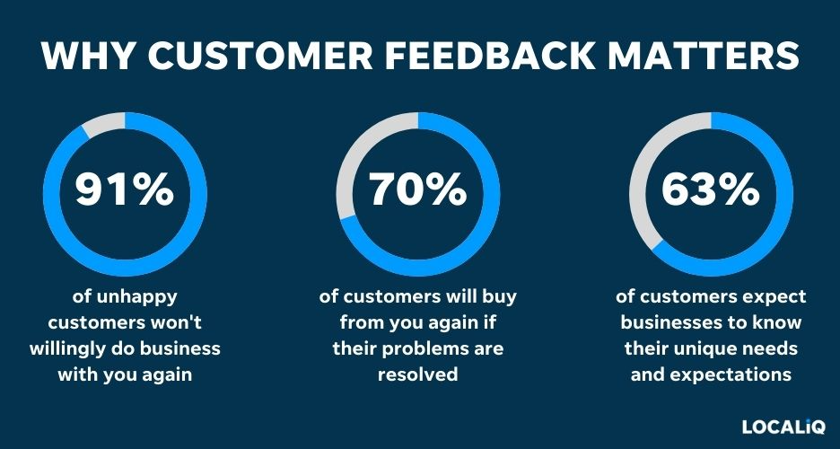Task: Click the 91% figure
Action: [x=125, y=190]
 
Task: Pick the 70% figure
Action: [x=418, y=190]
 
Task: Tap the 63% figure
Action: [x=710, y=190]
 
